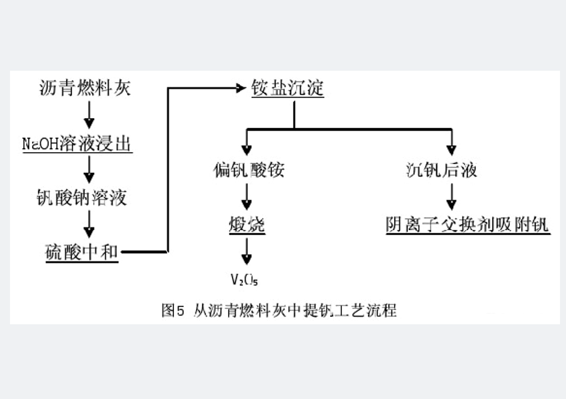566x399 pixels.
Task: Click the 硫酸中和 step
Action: [x=79, y=252]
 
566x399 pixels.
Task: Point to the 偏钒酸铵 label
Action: [x=245, y=170]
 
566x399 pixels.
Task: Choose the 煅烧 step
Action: [x=246, y=225]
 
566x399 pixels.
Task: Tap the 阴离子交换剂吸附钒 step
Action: [x=467, y=225]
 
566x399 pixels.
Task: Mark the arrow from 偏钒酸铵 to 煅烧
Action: [x=246, y=197]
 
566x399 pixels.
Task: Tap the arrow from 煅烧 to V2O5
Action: [x=246, y=253]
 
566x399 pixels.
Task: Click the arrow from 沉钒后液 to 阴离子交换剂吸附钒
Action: [x=451, y=197]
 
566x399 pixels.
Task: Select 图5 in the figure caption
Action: [x=172, y=310]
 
